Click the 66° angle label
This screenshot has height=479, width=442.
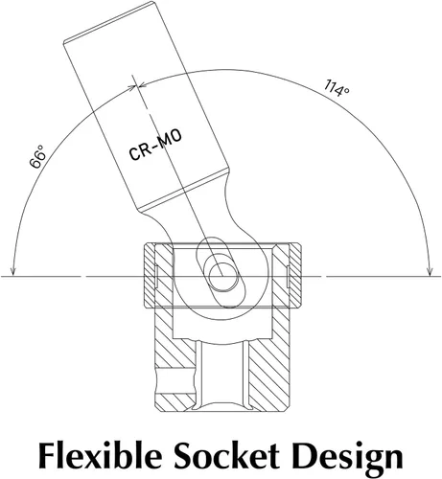(x=38, y=156)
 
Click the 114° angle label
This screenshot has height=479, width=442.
(x=337, y=88)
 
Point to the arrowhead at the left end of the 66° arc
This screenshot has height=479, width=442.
(x=12, y=270)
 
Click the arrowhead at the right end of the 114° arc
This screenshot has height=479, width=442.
(x=430, y=270)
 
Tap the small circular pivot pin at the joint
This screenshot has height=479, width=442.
(x=223, y=277)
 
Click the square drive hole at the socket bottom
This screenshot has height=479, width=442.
(x=222, y=375)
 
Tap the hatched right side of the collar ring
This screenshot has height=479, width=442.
(x=288, y=276)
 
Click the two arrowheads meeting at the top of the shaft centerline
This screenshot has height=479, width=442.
(x=137, y=85)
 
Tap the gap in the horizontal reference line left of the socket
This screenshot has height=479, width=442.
(x=82, y=276)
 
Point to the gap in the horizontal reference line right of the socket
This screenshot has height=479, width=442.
(x=323, y=276)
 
